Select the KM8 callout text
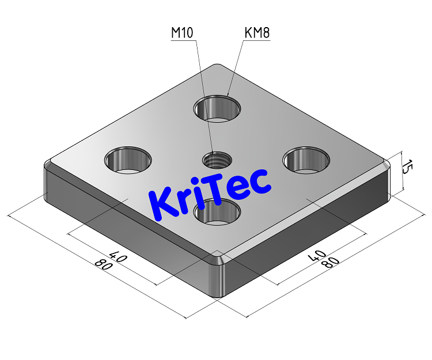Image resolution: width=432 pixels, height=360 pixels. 257,33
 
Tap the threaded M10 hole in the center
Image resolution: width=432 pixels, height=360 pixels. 217,159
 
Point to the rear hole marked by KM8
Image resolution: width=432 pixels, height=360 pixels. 217,108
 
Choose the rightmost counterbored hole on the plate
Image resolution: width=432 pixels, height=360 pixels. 307,160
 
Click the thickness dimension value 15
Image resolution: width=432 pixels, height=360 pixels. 407,168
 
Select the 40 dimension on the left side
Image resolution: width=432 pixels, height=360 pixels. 118,257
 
